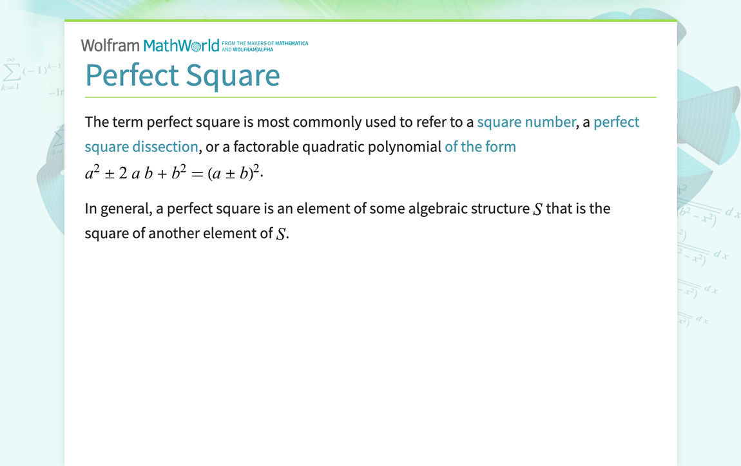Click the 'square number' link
pos(526,122)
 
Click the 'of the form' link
pos(480,147)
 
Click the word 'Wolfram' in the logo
pos(110,46)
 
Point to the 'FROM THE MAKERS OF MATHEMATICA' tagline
pos(265,44)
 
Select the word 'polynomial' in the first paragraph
pos(404,147)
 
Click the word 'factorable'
pos(266,147)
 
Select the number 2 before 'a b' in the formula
pos(123,174)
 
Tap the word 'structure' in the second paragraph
pos(501,209)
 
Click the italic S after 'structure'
pos(538,209)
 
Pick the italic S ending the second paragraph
pos(280,234)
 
